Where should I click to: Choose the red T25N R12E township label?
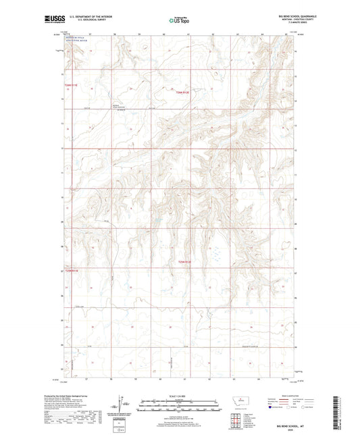(x=184, y=261)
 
